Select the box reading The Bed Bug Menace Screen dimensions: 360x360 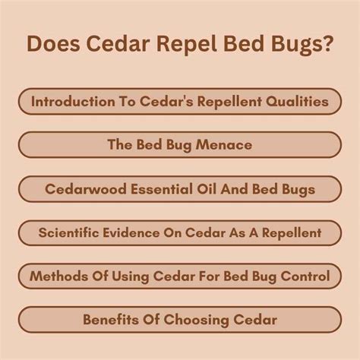coord(180,144)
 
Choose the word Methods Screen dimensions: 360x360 coord(57,276)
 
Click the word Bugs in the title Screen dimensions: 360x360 coord(295,43)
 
